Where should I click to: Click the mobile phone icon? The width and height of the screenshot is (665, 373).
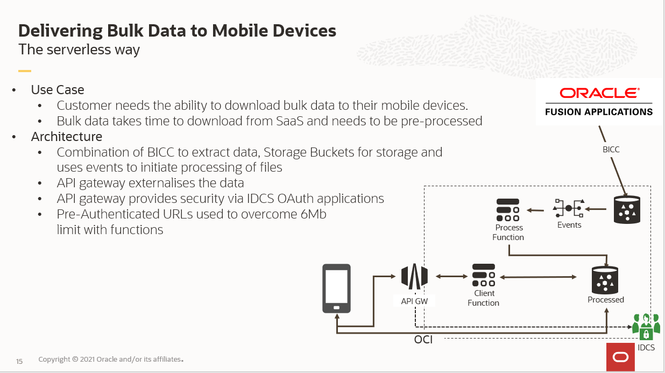(x=336, y=288)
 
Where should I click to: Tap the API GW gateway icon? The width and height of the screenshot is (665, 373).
(x=414, y=277)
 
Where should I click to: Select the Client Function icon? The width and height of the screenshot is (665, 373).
(x=483, y=275)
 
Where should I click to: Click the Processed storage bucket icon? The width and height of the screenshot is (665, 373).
(x=606, y=279)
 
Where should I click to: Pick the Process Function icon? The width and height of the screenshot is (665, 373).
(x=507, y=210)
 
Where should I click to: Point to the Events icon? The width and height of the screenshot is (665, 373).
(x=569, y=208)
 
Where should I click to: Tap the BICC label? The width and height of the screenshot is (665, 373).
(x=611, y=150)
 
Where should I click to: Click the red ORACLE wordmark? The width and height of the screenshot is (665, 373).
(x=599, y=93)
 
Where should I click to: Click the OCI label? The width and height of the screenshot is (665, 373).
(x=423, y=340)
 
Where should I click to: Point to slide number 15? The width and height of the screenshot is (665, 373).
(x=19, y=361)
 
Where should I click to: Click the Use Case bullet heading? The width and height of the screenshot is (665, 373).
(x=58, y=89)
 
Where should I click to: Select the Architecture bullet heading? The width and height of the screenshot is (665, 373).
(x=67, y=137)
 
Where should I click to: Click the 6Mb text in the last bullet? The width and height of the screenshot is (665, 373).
(x=310, y=214)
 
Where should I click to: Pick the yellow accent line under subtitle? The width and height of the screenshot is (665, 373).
(x=25, y=71)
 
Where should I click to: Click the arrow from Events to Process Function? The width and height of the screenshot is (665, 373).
(x=536, y=210)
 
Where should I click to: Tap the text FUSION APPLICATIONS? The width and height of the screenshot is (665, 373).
(x=599, y=112)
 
